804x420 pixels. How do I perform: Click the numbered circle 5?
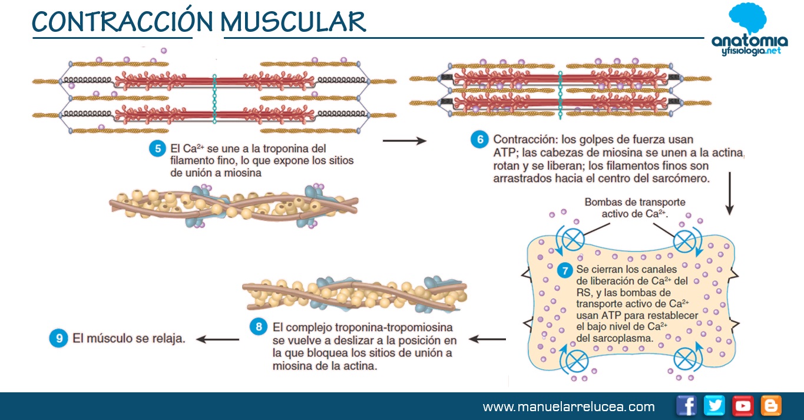[157, 148]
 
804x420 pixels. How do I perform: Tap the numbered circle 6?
[479, 140]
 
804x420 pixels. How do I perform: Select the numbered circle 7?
[565, 271]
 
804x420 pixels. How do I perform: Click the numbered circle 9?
[58, 339]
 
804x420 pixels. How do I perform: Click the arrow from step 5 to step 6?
[404, 141]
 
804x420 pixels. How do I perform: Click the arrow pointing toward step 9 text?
[217, 339]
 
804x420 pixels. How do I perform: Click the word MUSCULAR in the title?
[293, 22]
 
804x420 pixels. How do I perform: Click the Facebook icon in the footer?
[686, 406]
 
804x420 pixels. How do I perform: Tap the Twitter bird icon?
[714, 406]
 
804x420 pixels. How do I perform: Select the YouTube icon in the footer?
[743, 406]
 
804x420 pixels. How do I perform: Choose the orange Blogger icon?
[771, 406]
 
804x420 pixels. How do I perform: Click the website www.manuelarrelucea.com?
[568, 407]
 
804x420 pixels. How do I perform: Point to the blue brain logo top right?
[747, 20]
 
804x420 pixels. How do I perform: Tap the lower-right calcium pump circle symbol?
[684, 358]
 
